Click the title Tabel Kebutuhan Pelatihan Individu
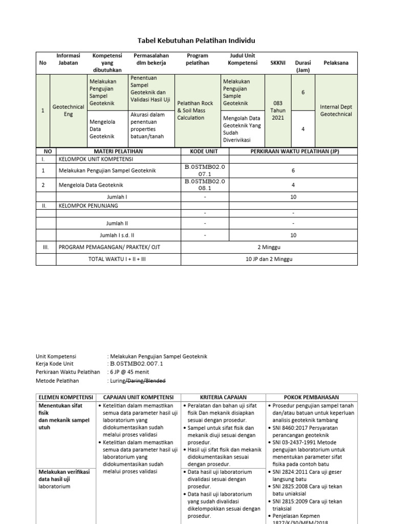click(x=196, y=40)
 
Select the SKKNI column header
click(x=276, y=62)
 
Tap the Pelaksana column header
click(x=336, y=62)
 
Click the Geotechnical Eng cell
click(x=68, y=111)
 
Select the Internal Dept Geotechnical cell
click(x=336, y=111)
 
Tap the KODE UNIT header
click(x=204, y=151)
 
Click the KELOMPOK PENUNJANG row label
click(x=88, y=206)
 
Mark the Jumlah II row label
click(x=117, y=223)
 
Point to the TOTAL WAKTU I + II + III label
click(x=117, y=259)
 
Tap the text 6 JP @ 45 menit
click(x=135, y=372)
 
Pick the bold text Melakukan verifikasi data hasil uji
click(x=63, y=475)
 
